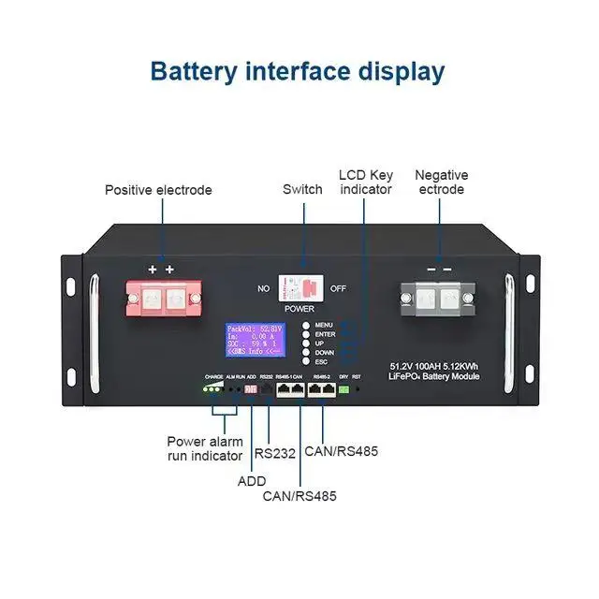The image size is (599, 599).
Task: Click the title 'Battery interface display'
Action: [298, 71]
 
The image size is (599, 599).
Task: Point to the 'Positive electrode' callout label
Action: [158, 190]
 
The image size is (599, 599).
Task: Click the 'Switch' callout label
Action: [302, 189]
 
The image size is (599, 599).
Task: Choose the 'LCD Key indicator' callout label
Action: [366, 183]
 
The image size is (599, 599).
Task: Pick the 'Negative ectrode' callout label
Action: [441, 183]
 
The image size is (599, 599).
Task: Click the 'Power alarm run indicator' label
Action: [205, 447]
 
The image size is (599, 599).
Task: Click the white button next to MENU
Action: [305, 325]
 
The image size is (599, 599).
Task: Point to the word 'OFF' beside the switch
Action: [338, 288]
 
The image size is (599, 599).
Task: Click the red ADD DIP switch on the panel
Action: [250, 387]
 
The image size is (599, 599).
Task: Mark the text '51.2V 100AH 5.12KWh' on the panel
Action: [434, 365]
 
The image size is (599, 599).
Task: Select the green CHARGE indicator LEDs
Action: [214, 387]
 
